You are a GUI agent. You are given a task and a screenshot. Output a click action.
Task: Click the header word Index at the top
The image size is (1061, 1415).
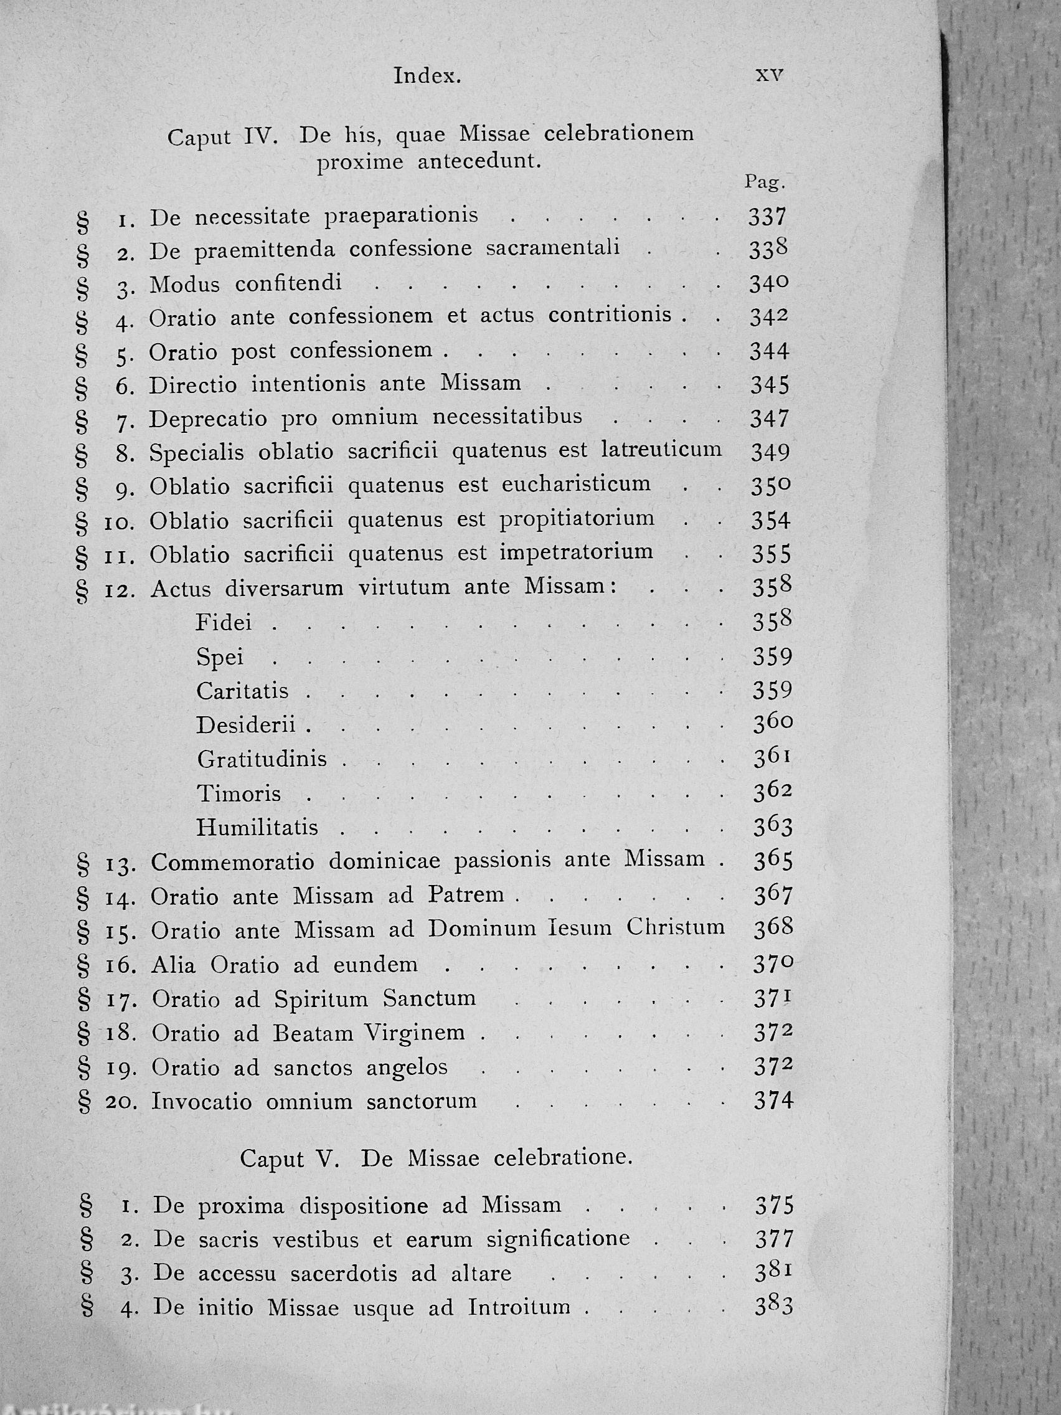coord(427,76)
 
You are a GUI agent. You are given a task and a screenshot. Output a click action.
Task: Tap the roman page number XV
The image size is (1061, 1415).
coord(770,75)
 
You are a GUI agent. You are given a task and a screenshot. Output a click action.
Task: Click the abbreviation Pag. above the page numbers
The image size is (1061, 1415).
coord(764,182)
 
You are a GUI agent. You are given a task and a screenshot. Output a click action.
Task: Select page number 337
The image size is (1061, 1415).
coord(767,217)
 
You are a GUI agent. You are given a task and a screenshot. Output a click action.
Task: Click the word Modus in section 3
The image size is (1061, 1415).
coord(185,284)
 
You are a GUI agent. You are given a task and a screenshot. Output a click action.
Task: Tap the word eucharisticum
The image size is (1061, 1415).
coord(575,485)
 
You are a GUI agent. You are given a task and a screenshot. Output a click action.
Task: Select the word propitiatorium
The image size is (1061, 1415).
coord(577,519)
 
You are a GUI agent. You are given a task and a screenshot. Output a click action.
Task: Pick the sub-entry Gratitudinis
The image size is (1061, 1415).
coord(262,759)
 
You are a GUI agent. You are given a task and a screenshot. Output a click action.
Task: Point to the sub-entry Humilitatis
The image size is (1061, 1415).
coord(257,828)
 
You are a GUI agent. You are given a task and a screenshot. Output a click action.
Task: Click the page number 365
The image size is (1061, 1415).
coord(773,861)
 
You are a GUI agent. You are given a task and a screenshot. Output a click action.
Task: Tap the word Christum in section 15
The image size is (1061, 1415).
coord(676,928)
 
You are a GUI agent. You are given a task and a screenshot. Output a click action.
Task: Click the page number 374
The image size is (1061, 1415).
coord(773,1101)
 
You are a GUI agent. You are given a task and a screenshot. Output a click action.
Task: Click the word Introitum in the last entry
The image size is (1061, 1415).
coord(519,1306)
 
